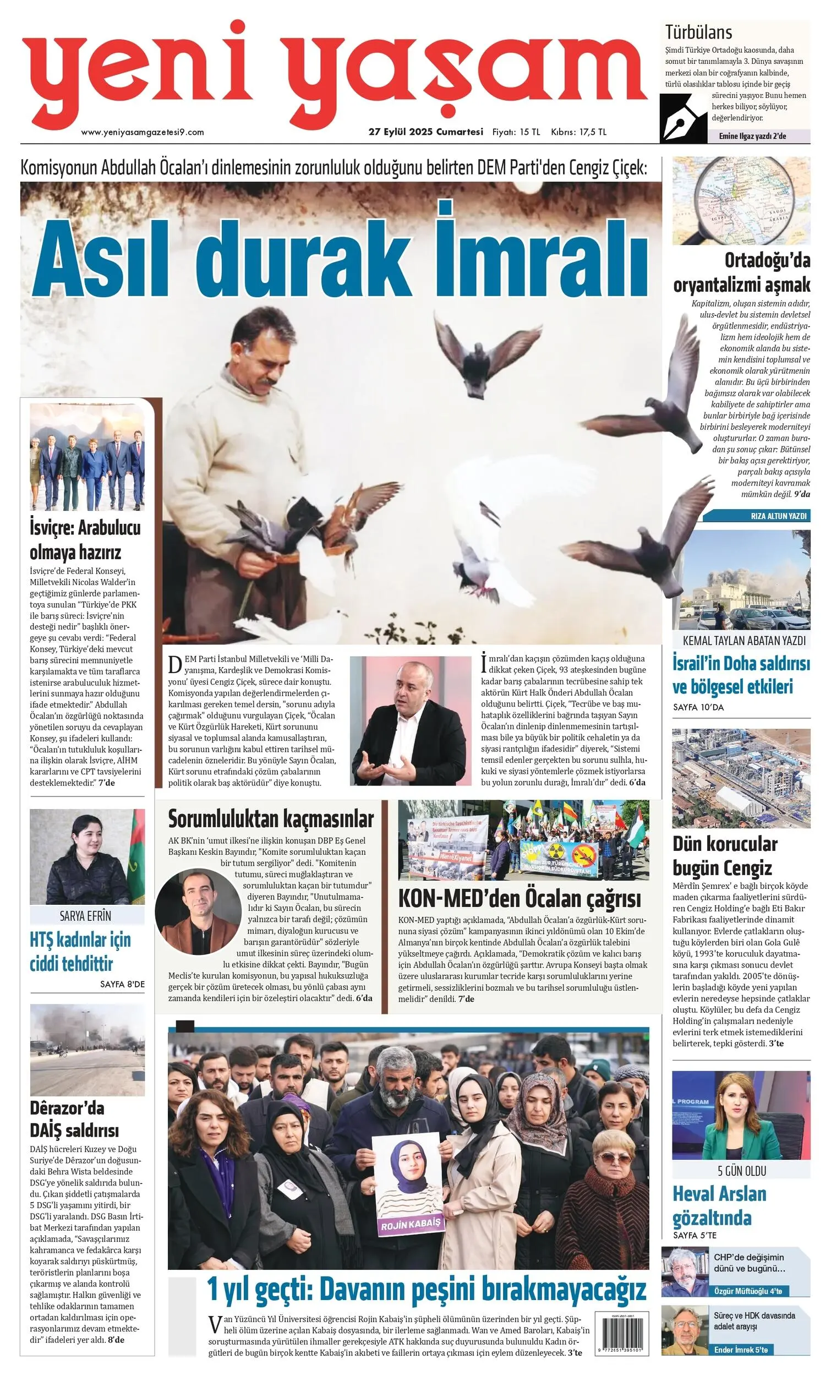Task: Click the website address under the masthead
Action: point(143,132)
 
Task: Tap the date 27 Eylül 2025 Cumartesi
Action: point(425,132)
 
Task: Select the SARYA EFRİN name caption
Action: point(85,916)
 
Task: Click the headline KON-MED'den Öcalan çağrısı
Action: point(520,899)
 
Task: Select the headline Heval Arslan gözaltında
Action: point(719,1206)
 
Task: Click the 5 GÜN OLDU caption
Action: point(741,1171)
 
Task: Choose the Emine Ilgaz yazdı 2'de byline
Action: point(752,136)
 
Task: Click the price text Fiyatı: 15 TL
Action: point(516,132)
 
